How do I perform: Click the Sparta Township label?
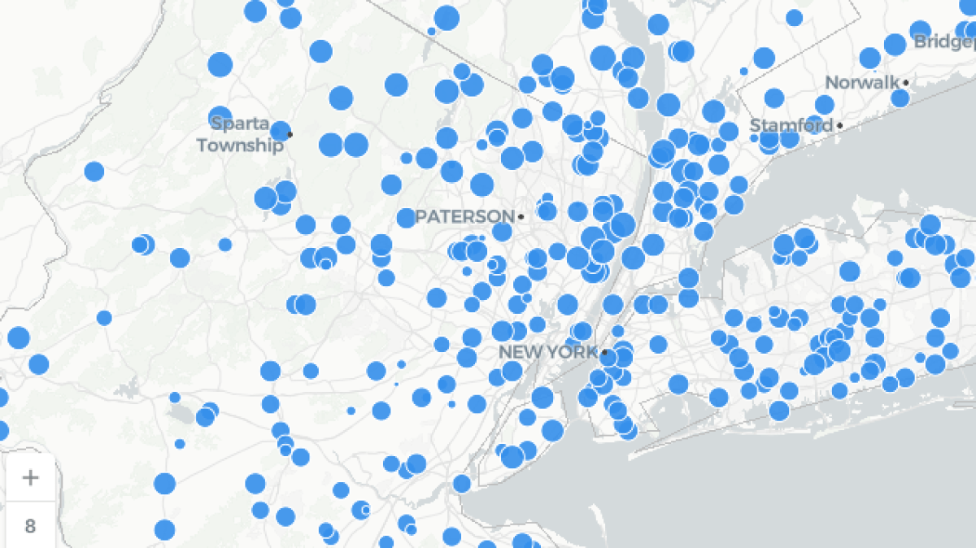(241, 135)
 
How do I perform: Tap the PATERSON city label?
(465, 217)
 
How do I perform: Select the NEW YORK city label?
(548, 352)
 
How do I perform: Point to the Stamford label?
(791, 125)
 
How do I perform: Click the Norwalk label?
(862, 83)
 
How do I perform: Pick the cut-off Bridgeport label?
(943, 41)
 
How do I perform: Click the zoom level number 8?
(30, 526)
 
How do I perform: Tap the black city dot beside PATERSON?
(521, 217)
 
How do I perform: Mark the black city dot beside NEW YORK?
(604, 352)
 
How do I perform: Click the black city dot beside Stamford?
(839, 125)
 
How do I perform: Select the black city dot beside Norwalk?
(905, 83)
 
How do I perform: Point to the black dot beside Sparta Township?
(290, 134)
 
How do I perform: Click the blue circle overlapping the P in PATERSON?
(407, 218)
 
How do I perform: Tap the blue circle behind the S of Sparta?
(220, 118)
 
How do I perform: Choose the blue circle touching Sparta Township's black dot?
(281, 131)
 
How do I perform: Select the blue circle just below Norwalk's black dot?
(900, 98)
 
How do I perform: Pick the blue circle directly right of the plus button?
(164, 483)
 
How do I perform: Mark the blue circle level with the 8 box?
(164, 530)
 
